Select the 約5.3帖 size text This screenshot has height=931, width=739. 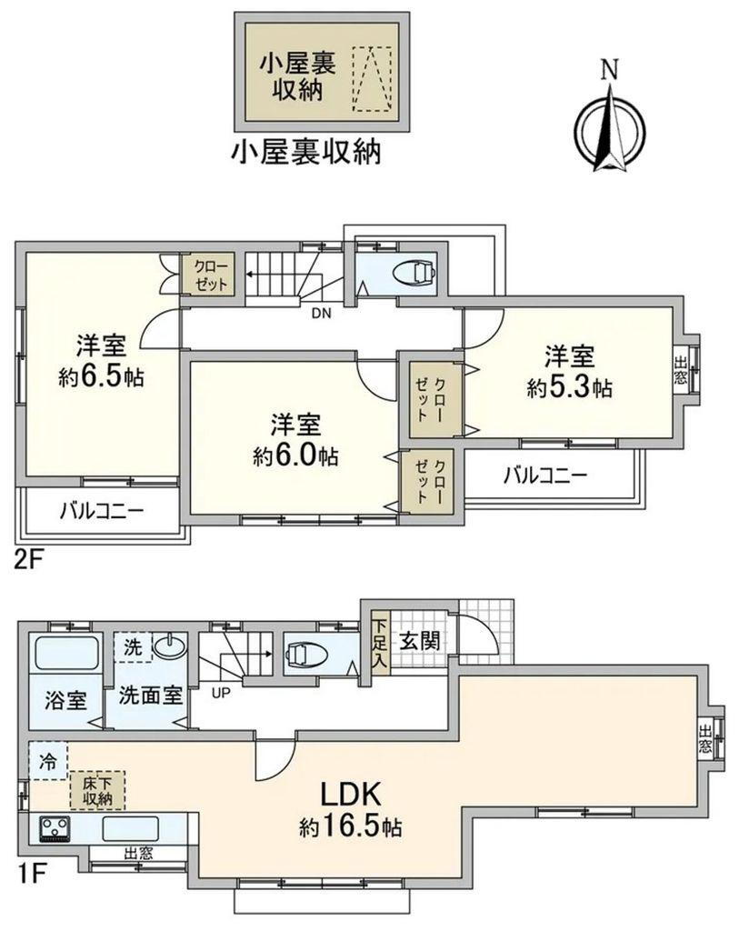coord(569,388)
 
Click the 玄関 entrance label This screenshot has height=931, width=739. coord(420,640)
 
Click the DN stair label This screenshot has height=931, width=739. coord(321,315)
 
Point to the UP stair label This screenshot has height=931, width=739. coord(220,693)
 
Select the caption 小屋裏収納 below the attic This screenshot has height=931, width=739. coord(305,152)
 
